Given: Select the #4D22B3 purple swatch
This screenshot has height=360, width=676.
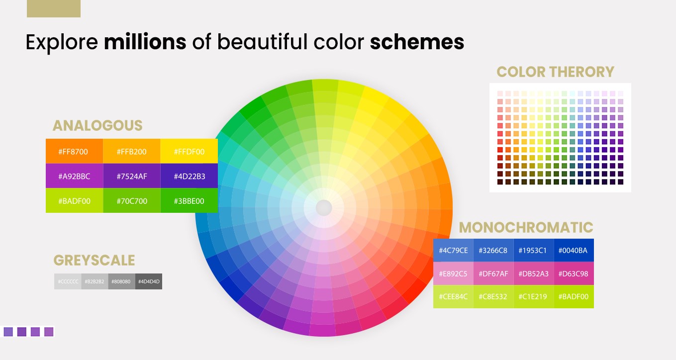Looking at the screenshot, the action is click(x=189, y=176).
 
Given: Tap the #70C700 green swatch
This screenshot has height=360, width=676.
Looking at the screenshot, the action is click(x=132, y=201).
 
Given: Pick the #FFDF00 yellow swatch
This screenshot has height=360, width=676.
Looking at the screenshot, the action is click(x=189, y=151).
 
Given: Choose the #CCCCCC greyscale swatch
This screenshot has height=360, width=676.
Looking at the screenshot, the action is click(x=68, y=281).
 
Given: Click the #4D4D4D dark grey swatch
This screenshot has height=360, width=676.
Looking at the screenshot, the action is click(x=149, y=281).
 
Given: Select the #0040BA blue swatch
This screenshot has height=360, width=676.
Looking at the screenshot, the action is click(x=574, y=251).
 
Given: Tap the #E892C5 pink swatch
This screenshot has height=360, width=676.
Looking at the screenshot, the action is click(x=453, y=273).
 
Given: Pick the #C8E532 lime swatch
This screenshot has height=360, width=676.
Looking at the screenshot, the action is click(x=493, y=297).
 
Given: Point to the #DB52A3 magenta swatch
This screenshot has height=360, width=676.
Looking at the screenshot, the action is click(x=534, y=273).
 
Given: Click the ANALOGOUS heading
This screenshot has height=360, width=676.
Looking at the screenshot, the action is click(x=97, y=125).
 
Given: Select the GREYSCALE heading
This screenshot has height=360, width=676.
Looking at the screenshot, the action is click(x=94, y=260).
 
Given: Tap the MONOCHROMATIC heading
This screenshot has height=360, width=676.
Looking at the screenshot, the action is click(x=526, y=228).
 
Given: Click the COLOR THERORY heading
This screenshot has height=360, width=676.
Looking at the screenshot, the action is click(x=555, y=72).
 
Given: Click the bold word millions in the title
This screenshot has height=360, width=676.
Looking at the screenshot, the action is click(x=145, y=42).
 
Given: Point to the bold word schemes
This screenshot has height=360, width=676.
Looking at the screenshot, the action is click(x=417, y=42).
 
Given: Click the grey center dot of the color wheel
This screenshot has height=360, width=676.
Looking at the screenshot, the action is click(x=324, y=208).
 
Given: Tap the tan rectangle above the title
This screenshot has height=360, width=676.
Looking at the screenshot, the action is click(x=54, y=8).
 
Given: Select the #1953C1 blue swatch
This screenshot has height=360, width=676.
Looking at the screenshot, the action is click(x=534, y=251).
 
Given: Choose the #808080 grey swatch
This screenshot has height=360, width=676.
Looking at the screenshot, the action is click(x=121, y=281).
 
